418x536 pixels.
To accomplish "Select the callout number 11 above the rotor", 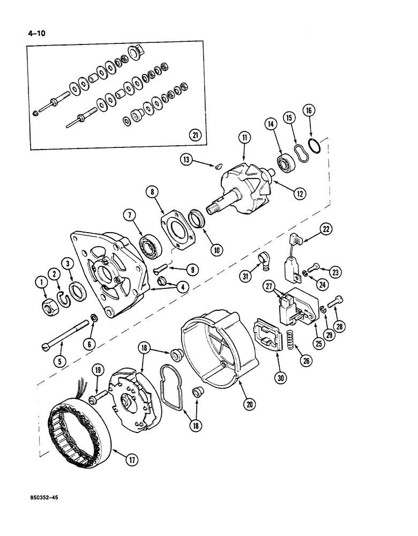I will click(245, 138).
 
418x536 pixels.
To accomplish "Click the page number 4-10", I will click(36, 32).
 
